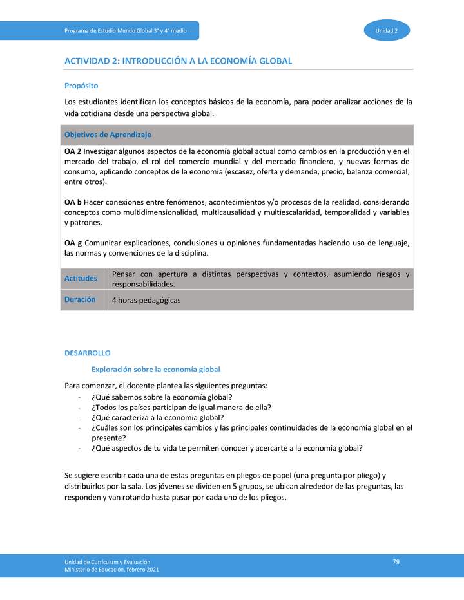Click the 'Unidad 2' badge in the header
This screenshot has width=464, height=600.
[387, 31]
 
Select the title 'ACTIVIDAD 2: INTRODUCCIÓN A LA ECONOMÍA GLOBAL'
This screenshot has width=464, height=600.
[178, 61]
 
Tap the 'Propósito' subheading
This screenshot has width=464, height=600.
[81, 85]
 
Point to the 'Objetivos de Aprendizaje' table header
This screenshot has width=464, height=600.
[108, 135]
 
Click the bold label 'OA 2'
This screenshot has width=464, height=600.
[73, 151]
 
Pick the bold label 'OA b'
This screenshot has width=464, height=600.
[73, 202]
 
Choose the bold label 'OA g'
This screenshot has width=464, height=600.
[73, 242]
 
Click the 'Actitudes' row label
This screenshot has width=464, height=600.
[81, 279]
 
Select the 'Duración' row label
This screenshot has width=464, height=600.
[80, 299]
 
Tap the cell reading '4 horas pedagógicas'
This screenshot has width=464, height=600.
[146, 300]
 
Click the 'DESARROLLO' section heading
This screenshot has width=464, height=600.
[88, 353]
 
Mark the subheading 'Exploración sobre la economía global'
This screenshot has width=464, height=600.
[156, 370]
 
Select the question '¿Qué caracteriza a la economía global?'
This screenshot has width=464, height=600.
[158, 417]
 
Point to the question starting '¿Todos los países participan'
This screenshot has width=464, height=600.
[181, 407]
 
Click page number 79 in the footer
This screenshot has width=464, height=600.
[396, 562]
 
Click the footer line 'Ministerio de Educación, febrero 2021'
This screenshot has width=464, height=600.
[111, 570]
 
